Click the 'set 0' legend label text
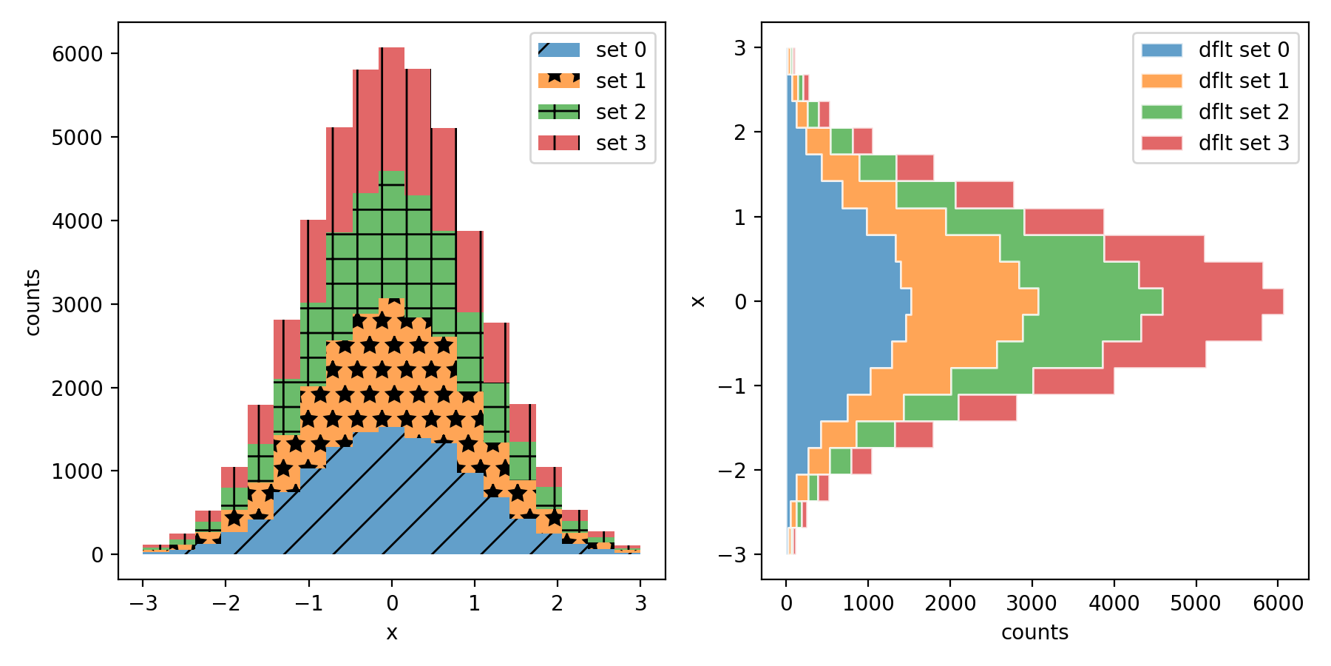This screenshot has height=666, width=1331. coord(620,50)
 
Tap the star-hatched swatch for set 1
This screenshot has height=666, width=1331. coord(559,81)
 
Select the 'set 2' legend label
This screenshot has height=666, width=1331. coord(620,112)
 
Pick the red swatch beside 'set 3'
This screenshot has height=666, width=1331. coord(559,143)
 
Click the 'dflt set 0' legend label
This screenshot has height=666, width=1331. coord(1244,50)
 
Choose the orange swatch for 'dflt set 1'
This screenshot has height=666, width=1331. coord(1162,81)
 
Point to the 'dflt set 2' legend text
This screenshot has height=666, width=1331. coord(1244,112)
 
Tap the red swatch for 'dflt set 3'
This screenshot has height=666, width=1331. coord(1162,143)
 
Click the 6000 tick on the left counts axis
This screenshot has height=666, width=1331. coord(77,54)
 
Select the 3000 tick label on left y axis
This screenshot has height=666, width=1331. coord(77,304)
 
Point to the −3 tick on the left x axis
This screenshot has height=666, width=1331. coord(143,603)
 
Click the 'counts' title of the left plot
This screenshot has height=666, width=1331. coord(33,302)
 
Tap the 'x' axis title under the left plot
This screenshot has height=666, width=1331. coord(392,633)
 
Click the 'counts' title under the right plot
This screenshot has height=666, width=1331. coord(1034,632)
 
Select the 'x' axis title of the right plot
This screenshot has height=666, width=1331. coord(698,301)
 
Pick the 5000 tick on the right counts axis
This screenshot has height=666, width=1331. coord(1196,603)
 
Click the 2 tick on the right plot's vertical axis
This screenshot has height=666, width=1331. coord(739,132)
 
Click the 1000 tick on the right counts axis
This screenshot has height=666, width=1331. coord(868,603)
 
